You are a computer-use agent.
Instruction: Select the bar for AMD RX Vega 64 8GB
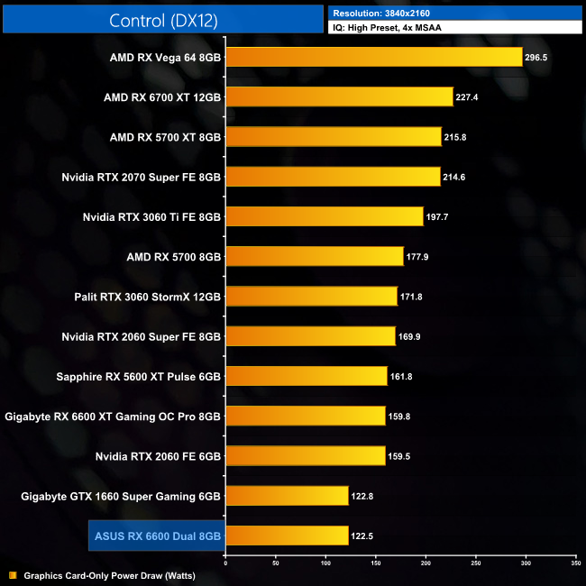tap(373, 57)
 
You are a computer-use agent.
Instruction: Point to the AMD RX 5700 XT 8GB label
tap(165, 137)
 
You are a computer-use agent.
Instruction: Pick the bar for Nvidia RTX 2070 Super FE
tap(333, 177)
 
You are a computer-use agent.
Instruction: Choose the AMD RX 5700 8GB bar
tap(314, 257)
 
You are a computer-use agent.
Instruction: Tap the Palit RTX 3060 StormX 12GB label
tap(148, 297)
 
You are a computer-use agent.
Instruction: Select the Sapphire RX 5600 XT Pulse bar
tap(306, 377)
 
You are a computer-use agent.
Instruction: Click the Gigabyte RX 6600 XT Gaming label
tap(113, 417)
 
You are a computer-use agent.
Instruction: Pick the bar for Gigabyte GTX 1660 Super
tap(287, 496)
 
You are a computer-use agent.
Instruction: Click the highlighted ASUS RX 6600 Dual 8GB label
tap(157, 536)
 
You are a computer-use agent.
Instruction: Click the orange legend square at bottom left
tap(13, 574)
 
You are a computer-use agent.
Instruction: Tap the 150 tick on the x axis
tap(375, 562)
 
